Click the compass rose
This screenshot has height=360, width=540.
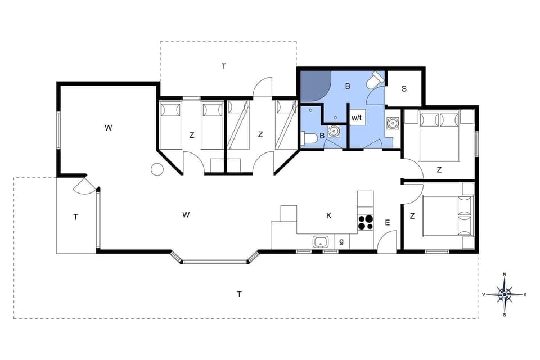505,294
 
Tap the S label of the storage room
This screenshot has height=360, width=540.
404,89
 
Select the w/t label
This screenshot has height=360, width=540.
357,118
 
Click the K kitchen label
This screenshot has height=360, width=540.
329,215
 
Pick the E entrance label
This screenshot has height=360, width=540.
387,223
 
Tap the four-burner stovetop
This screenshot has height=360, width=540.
366,222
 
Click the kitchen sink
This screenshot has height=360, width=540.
321,242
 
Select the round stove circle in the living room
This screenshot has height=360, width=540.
157,169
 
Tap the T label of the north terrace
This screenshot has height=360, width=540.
224,66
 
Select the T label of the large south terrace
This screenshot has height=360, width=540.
239,294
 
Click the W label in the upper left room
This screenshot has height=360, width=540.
108,128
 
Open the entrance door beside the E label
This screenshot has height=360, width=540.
387,242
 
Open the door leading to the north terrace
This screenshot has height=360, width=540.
263,87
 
